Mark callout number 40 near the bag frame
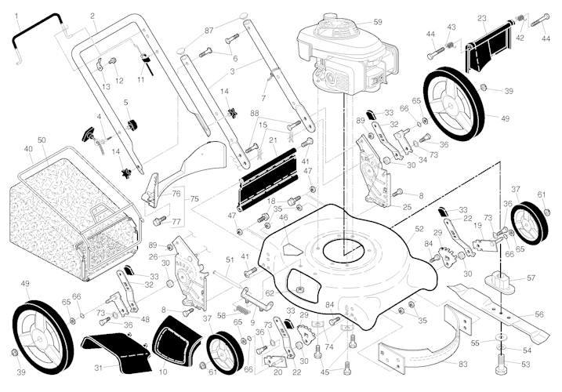point(28,148)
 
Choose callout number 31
point(99,368)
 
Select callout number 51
point(230,260)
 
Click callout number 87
point(208,30)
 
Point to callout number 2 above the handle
point(92,16)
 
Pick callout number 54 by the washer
point(527,350)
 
